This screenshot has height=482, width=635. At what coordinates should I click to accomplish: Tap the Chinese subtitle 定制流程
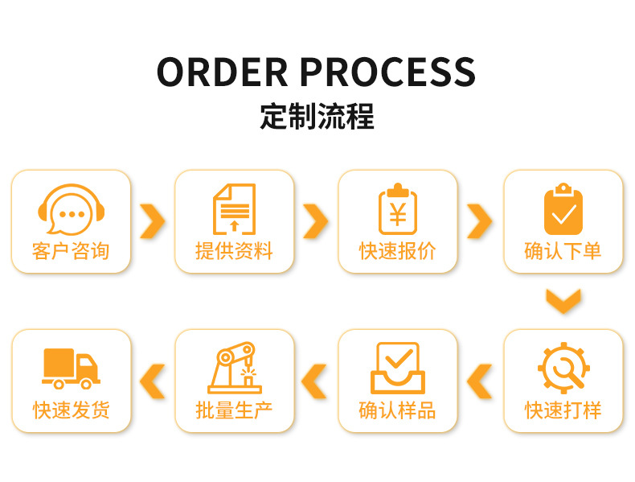point(317,117)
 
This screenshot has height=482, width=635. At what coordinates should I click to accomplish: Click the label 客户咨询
point(71,251)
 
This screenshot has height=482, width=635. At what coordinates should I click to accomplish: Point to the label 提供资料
point(234,251)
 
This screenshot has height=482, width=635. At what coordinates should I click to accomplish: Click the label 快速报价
point(398,251)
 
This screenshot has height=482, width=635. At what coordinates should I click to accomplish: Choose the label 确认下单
point(563,251)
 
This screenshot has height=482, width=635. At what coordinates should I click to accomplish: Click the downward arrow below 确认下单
point(563,300)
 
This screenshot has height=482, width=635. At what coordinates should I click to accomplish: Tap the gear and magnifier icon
point(563,369)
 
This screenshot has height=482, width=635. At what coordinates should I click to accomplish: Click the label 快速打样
point(563,410)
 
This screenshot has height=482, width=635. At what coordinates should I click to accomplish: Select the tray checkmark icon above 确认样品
point(398,369)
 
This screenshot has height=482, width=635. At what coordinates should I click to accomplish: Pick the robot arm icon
point(234,369)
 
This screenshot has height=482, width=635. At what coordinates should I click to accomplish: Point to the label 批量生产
point(234,410)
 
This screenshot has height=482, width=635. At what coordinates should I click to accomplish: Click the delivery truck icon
point(71,369)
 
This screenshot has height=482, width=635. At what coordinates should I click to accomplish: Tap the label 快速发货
point(71,410)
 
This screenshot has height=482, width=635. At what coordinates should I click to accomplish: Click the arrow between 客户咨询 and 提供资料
point(152,221)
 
